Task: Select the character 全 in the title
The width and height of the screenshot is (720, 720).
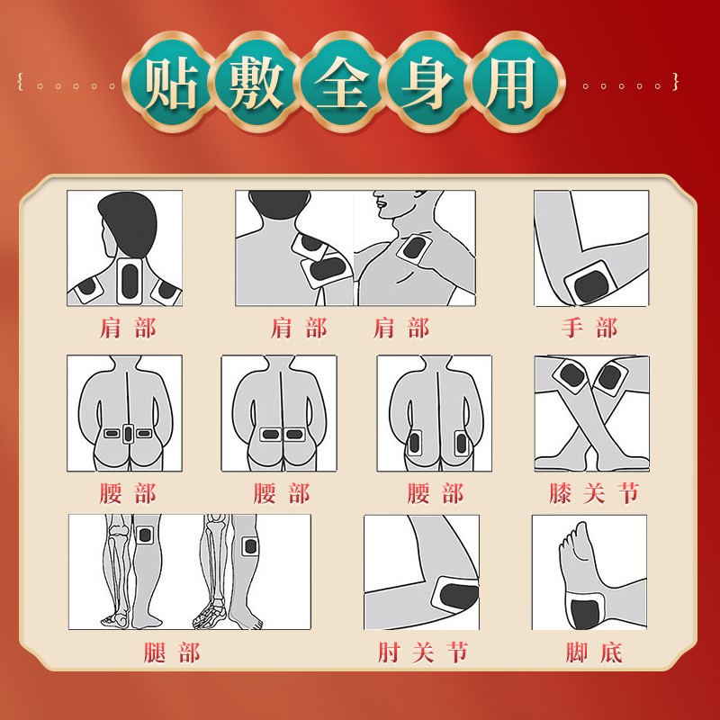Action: (342, 84)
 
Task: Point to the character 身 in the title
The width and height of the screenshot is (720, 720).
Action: (427, 84)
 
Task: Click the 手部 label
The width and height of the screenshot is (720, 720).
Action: (589, 328)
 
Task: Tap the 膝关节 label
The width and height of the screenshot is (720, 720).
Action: (594, 493)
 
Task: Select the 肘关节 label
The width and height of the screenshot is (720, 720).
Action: (423, 652)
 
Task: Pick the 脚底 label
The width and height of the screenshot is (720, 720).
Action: (594, 652)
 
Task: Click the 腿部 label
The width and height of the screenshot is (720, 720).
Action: (172, 652)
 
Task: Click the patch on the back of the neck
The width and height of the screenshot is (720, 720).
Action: (129, 281)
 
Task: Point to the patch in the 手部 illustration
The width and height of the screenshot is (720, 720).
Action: (589, 284)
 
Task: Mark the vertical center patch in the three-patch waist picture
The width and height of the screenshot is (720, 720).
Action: (128, 434)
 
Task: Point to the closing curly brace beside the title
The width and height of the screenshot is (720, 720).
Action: (675, 82)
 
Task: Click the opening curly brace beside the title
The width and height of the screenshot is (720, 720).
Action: (20, 82)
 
